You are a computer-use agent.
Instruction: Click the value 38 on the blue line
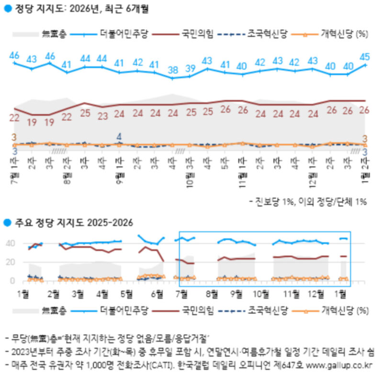click(173, 70)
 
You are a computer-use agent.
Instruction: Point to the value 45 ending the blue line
click(365, 56)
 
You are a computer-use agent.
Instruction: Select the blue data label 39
click(190, 68)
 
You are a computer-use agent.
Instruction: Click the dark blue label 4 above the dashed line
click(119, 136)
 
